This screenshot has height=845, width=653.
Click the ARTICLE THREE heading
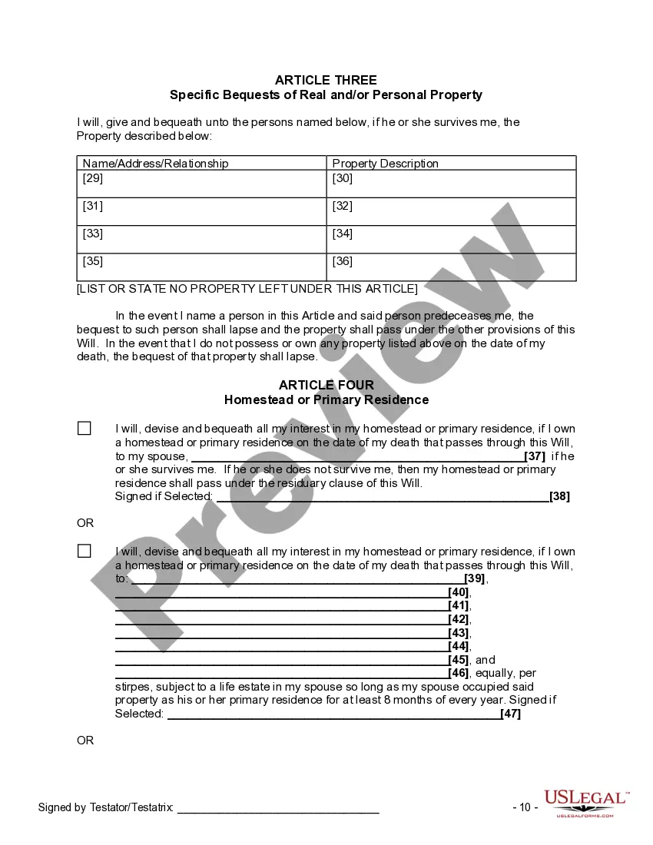click(x=326, y=80)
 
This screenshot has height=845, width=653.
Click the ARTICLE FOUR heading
click(x=326, y=385)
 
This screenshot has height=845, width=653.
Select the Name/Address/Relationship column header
click(x=155, y=163)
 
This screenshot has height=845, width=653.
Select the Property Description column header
click(x=385, y=163)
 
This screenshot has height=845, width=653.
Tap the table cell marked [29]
click(x=201, y=184)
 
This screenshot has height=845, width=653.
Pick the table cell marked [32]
click(x=451, y=211)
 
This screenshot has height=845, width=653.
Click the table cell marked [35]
click(x=201, y=267)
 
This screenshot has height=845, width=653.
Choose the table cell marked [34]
click(x=451, y=239)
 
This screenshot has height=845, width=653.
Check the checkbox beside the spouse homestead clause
click(x=84, y=429)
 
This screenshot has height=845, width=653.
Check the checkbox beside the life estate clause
click(x=84, y=552)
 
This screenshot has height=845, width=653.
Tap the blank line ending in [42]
click(x=281, y=619)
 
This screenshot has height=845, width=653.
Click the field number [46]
click(x=459, y=673)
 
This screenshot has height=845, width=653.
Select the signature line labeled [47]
click(x=333, y=714)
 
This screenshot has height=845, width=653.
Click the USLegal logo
click(x=586, y=803)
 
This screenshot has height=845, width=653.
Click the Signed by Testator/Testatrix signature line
click(x=278, y=809)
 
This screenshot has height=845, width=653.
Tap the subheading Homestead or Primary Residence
click(x=326, y=400)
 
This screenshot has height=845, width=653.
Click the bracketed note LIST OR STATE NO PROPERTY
click(x=247, y=289)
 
